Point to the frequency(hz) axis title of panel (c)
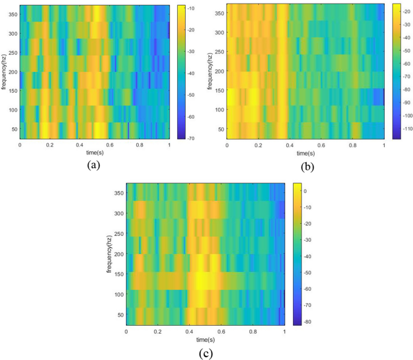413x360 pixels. point(109,253)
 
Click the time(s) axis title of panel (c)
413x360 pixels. point(205,339)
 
